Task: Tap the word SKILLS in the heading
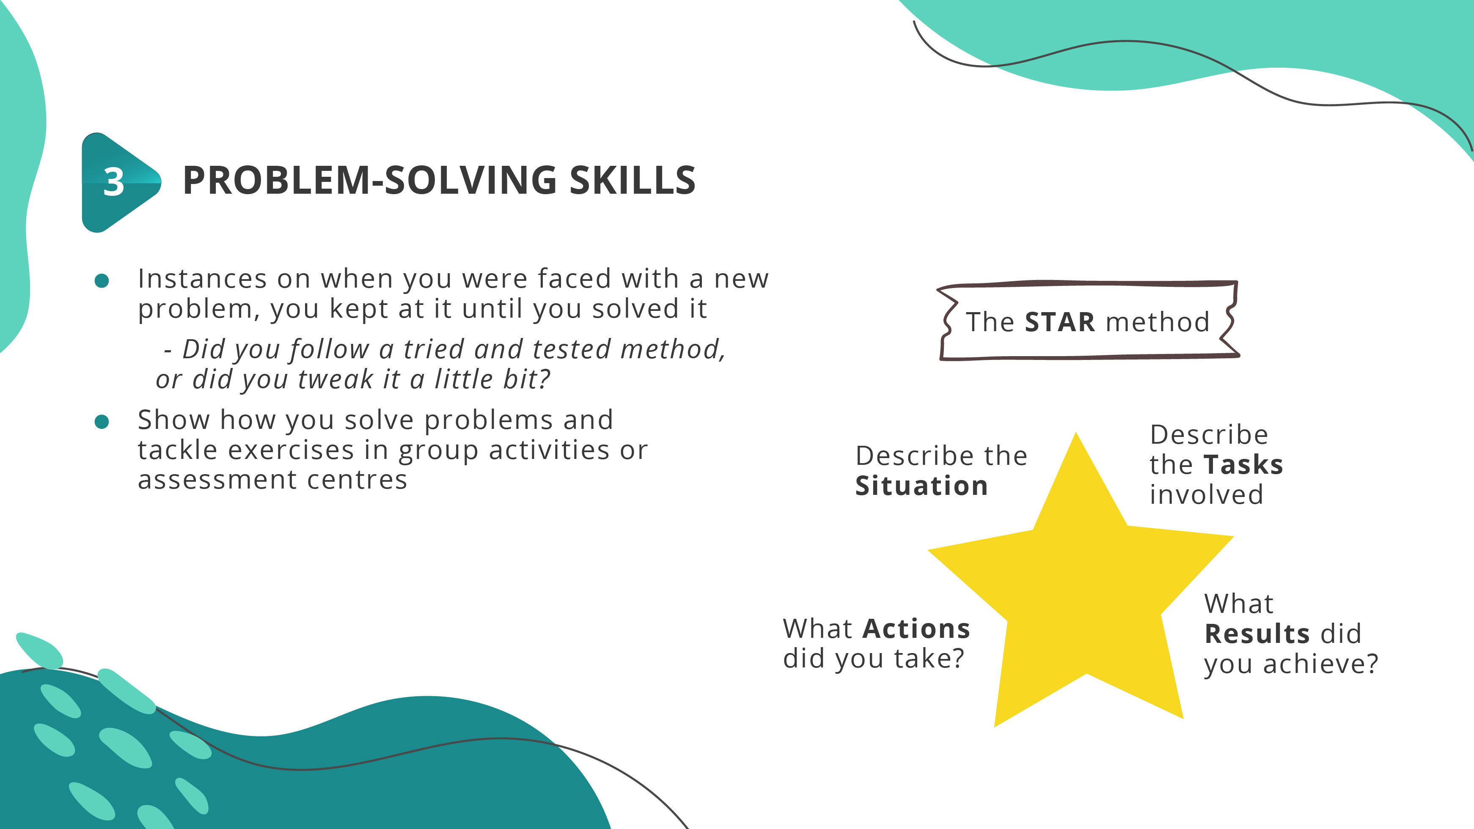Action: [632, 181]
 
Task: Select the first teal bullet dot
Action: [102, 280]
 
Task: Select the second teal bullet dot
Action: [102, 422]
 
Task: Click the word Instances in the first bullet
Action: [202, 279]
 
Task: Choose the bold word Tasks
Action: [1243, 464]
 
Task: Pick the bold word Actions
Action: [916, 629]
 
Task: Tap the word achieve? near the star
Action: [1321, 664]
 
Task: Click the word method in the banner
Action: [1158, 322]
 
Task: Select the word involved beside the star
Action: [1206, 495]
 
